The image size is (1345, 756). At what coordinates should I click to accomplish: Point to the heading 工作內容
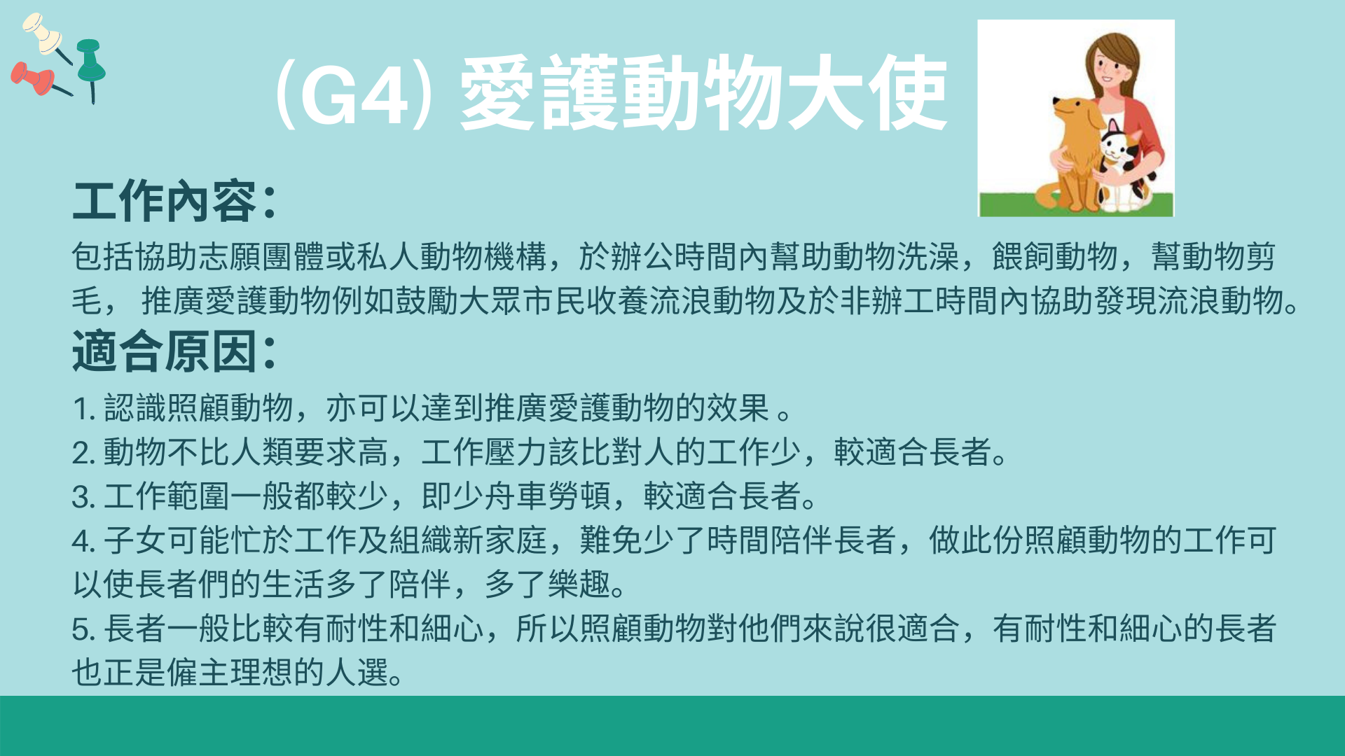tap(165, 202)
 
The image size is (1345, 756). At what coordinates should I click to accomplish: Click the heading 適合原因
tap(165, 351)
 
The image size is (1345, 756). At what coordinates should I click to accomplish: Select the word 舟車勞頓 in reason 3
tap(547, 496)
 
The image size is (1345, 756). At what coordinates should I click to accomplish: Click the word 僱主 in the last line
tap(198, 673)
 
